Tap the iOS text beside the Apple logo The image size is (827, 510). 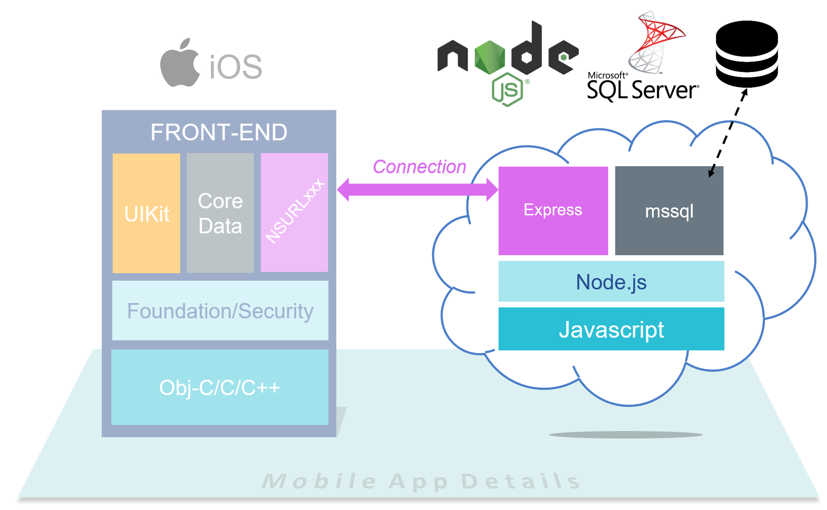click(x=235, y=67)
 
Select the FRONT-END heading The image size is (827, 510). click(x=219, y=132)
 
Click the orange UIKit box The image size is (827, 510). click(x=146, y=214)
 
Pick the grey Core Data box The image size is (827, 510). click(x=220, y=214)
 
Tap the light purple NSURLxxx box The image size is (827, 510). click(x=294, y=213)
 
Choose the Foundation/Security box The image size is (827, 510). click(x=220, y=311)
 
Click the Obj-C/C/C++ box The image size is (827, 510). click(x=220, y=388)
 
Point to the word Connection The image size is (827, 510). click(x=419, y=167)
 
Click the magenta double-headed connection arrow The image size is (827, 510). click(x=417, y=190)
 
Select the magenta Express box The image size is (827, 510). click(x=553, y=210)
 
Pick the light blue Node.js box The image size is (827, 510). click(x=611, y=282)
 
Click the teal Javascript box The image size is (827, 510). click(x=611, y=329)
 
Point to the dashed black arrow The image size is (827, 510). click(x=728, y=132)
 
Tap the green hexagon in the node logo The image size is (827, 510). click(x=490, y=57)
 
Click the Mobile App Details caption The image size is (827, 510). click(x=421, y=481)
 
